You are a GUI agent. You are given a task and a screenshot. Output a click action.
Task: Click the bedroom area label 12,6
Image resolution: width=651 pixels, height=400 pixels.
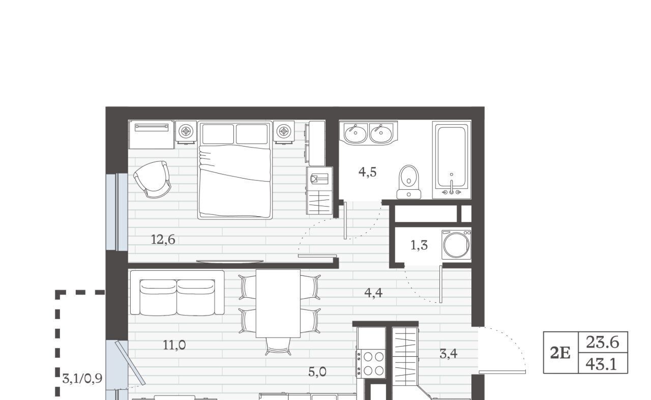pyautogui.click(x=163, y=240)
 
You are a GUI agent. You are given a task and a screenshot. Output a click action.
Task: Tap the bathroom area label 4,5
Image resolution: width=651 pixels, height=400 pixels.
pyautogui.click(x=368, y=172)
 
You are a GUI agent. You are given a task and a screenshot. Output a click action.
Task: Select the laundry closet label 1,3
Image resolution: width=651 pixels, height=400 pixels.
pyautogui.click(x=419, y=245)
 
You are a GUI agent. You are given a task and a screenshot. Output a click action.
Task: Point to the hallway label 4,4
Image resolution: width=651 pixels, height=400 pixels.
pyautogui.click(x=373, y=293)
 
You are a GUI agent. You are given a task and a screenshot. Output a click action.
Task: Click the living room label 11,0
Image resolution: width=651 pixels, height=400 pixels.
pyautogui.click(x=174, y=345)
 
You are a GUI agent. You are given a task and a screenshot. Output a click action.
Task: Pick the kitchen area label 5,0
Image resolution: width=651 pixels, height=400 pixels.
pyautogui.click(x=317, y=372)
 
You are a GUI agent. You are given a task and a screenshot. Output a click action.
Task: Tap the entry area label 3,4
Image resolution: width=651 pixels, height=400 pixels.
pyautogui.click(x=449, y=354)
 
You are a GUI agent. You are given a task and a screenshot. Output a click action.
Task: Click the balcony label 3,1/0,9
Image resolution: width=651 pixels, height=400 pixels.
pyautogui.click(x=82, y=379)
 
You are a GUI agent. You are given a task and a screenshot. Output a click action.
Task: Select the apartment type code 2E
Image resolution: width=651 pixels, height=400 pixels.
pyautogui.click(x=560, y=353)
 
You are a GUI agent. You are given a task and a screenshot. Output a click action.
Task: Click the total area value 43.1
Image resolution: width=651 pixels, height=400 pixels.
pyautogui.click(x=601, y=364)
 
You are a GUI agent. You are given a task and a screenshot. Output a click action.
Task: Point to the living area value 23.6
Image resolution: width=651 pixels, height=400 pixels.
pyautogui.click(x=603, y=342)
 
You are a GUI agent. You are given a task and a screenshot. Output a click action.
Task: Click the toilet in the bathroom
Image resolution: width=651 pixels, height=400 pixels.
pyautogui.click(x=409, y=182)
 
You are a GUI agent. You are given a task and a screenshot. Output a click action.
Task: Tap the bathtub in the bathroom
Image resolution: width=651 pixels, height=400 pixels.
pyautogui.click(x=451, y=160)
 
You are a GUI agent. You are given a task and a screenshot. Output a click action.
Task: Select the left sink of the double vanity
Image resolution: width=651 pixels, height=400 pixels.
pyautogui.click(x=355, y=134)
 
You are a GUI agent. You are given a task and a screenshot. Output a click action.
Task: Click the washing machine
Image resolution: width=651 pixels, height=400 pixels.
pyautogui.click(x=456, y=244)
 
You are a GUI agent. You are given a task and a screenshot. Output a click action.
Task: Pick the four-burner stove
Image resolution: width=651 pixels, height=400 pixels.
pyautogui.click(x=371, y=364)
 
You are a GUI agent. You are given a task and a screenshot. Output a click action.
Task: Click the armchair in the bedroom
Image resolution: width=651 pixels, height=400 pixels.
pyautogui.click(x=153, y=179)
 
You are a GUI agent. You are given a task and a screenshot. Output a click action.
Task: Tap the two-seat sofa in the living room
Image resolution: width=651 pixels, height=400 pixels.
pyautogui.click(x=177, y=293)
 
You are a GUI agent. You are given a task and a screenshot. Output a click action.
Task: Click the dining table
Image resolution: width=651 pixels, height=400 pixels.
pyautogui.click(x=278, y=303)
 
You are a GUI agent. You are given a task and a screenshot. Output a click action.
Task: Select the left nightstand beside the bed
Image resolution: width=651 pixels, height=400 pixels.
pyautogui.click(x=186, y=132)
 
